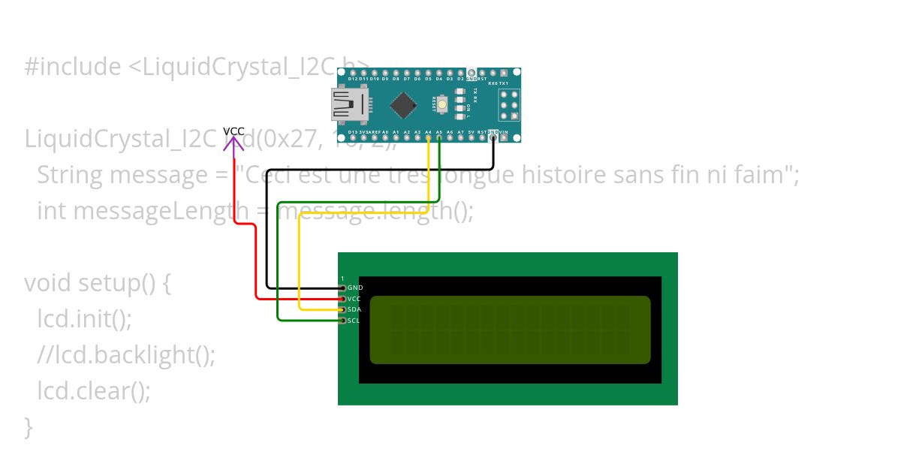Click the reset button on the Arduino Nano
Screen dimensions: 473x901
pyautogui.click(x=441, y=104)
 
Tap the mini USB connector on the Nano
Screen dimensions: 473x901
pyautogui.click(x=350, y=104)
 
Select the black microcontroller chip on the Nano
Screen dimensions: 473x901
pyautogui.click(x=403, y=105)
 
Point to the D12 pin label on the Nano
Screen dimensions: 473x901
pyautogui.click(x=352, y=78)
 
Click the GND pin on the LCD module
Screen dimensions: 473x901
pyautogui.click(x=344, y=288)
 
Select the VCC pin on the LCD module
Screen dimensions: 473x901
pyautogui.click(x=344, y=299)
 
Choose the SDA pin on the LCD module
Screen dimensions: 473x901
pyautogui.click(x=344, y=309)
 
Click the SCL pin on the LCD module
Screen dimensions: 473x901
pyautogui.click(x=344, y=321)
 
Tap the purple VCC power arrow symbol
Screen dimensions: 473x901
pyautogui.click(x=234, y=143)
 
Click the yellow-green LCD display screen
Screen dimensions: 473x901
pyautogui.click(x=510, y=330)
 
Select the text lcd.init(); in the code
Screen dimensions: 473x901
pyautogui.click(x=84, y=320)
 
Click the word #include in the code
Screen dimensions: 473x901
pyautogui.click(x=72, y=68)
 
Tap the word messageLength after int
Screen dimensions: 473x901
pyautogui.click(x=161, y=212)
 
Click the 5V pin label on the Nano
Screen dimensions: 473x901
pyautogui.click(x=471, y=132)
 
